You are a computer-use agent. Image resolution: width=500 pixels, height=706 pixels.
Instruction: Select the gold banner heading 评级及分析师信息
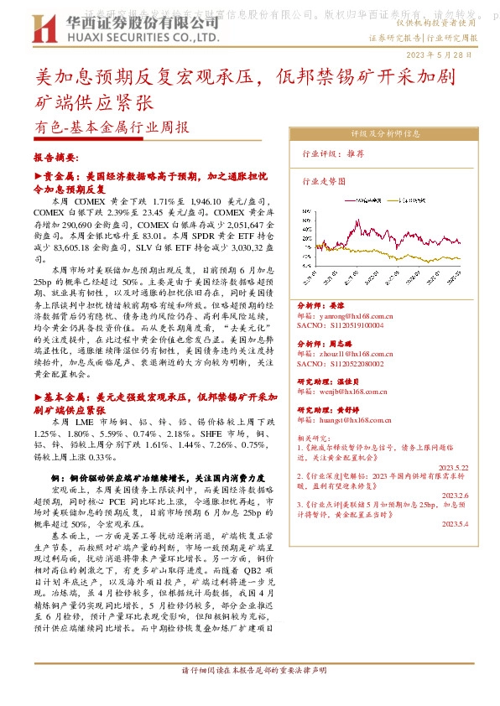pos(385,133)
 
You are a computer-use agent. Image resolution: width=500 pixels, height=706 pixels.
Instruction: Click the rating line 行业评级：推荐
pos(332,154)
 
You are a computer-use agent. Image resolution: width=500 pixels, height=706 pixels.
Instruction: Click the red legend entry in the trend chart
pos(362,201)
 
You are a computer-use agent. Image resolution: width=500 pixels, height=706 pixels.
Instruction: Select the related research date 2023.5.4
pos(455,523)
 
